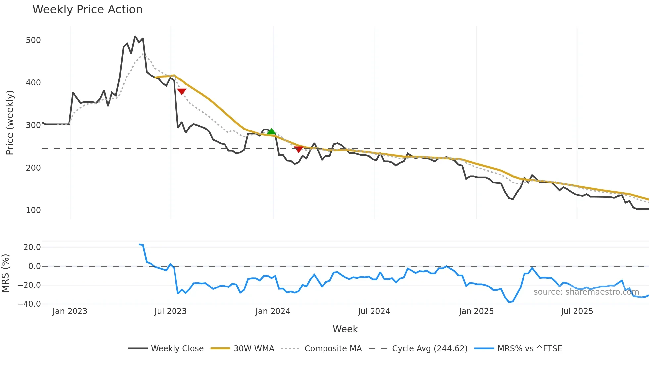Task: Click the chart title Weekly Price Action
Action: click(x=87, y=10)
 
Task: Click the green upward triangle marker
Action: click(x=271, y=132)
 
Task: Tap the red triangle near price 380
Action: click(x=182, y=91)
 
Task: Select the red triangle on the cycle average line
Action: click(x=298, y=149)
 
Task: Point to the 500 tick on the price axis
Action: click(x=33, y=40)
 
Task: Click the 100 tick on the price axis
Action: click(x=33, y=210)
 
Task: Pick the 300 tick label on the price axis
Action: click(x=33, y=125)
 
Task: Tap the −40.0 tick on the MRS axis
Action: click(x=29, y=304)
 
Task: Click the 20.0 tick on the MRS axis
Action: click(x=32, y=247)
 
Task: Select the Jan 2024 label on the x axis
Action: click(x=273, y=311)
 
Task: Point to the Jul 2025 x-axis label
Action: click(x=577, y=311)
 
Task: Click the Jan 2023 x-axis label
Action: click(x=70, y=311)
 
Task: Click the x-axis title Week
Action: click(x=345, y=329)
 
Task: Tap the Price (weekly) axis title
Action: click(x=10, y=123)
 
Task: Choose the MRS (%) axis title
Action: click(x=5, y=273)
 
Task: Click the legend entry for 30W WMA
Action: click(x=254, y=349)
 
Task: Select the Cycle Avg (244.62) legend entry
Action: click(x=429, y=349)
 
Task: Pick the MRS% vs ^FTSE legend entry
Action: click(x=529, y=349)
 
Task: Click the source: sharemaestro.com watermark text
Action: click(x=586, y=292)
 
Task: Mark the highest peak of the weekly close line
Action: click(x=135, y=36)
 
